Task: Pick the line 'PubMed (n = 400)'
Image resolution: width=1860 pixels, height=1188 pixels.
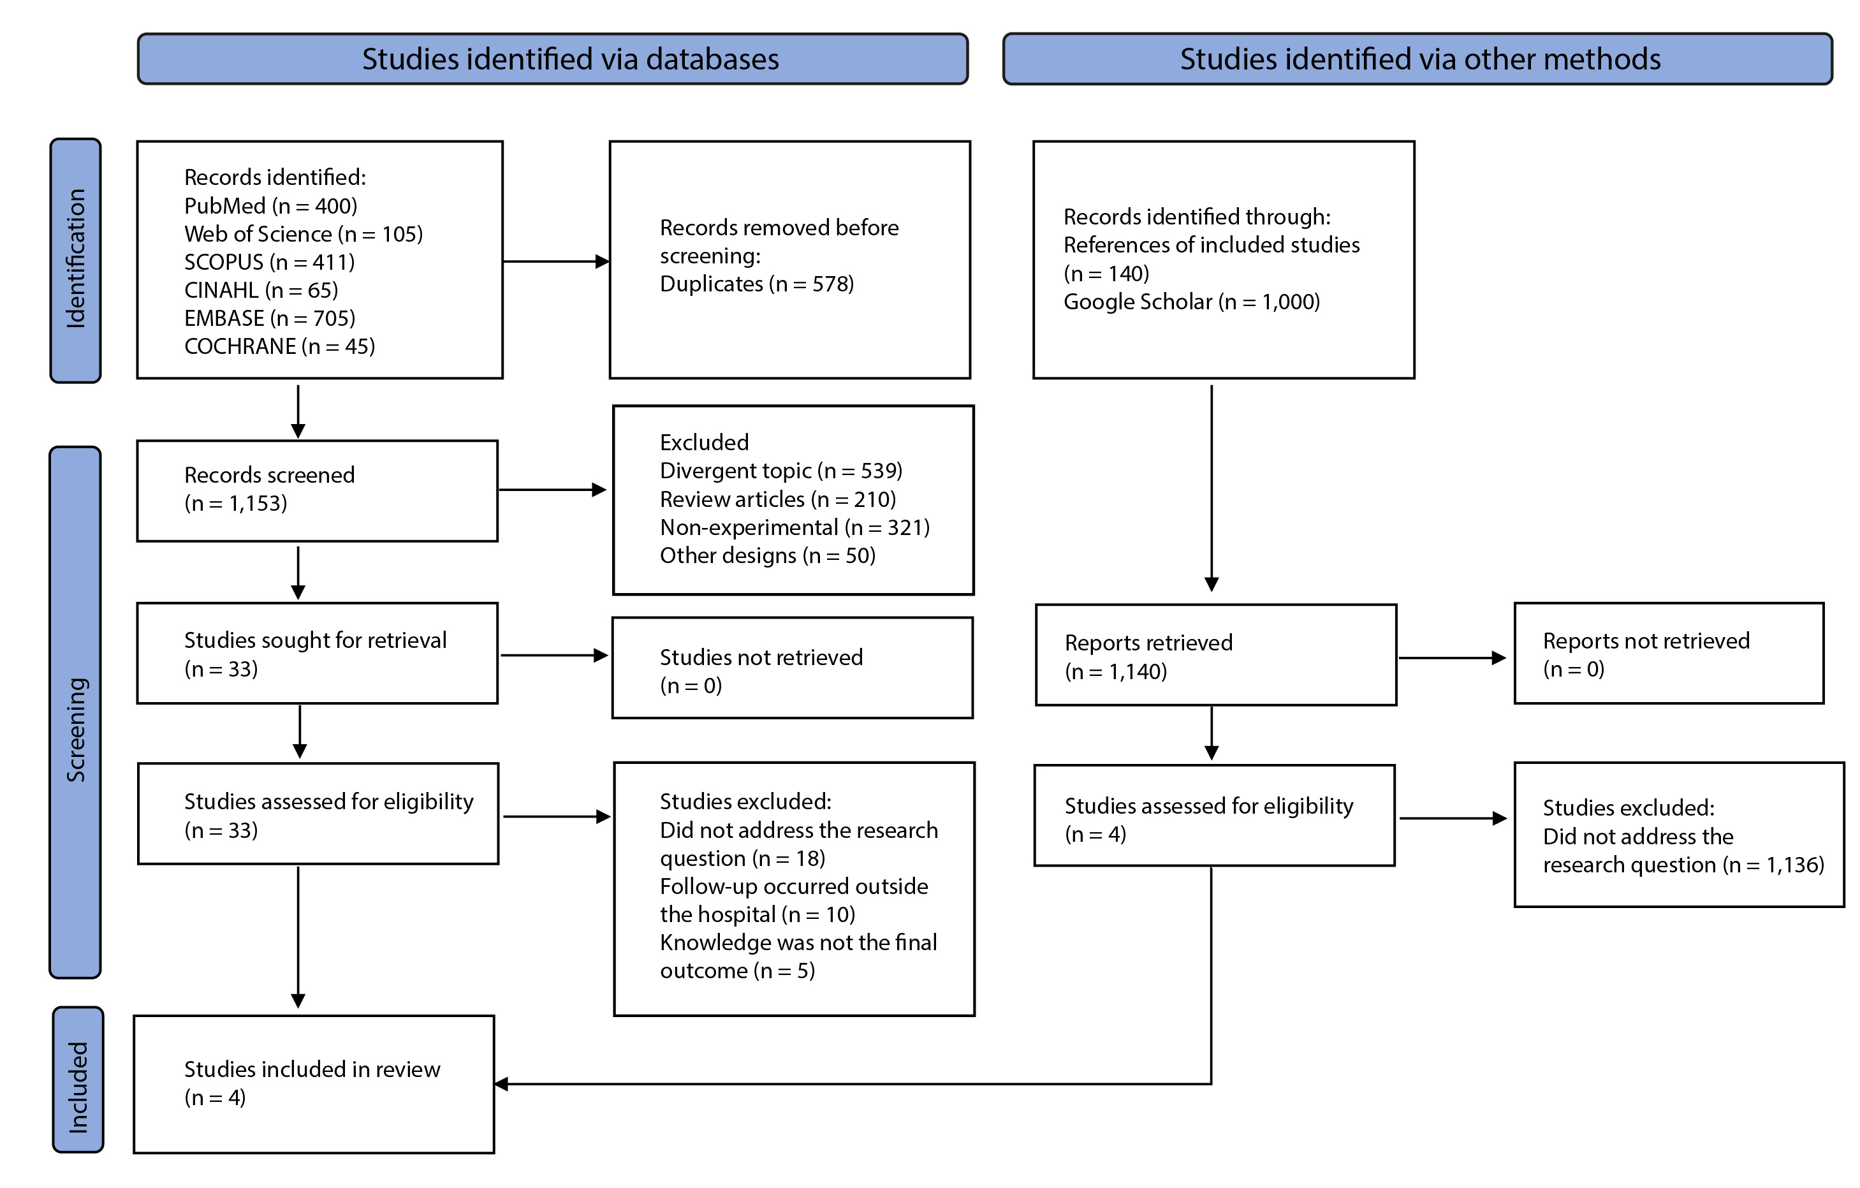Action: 270,205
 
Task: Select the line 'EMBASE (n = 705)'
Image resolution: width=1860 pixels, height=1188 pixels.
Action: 270,318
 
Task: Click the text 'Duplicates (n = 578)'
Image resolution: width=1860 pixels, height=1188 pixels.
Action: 757,284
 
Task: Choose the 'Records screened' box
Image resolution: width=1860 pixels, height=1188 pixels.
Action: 318,491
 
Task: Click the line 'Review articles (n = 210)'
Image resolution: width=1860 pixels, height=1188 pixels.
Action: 778,500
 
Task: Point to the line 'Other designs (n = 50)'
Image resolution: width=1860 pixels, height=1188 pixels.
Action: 768,556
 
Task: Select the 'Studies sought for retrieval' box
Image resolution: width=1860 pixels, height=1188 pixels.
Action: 318,654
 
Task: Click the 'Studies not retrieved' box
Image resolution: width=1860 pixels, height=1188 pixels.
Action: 793,668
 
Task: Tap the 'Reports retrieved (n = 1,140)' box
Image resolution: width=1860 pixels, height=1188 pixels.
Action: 1217,655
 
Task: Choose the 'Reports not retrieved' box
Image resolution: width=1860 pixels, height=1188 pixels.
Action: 1669,654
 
